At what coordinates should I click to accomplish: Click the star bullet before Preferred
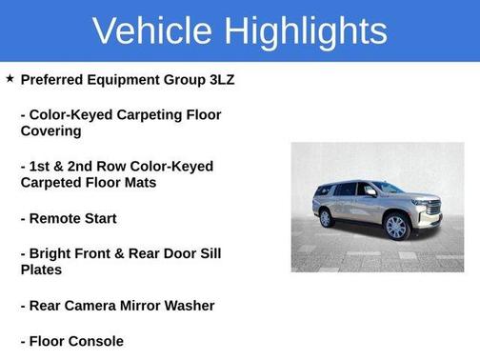[10, 79]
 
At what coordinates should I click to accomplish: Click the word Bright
[53, 253]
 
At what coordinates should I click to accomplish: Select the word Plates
[41, 270]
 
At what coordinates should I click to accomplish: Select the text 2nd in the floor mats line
[77, 166]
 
